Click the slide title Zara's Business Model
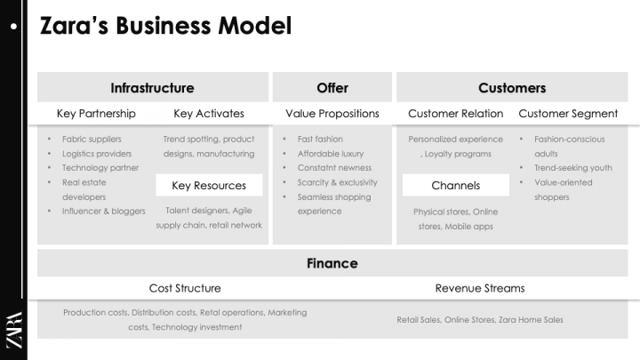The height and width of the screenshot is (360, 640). (x=166, y=27)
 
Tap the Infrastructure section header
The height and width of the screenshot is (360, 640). (x=152, y=87)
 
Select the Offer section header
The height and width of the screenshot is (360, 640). (x=332, y=87)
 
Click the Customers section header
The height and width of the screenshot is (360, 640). (x=512, y=87)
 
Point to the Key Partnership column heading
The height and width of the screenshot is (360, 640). (x=96, y=114)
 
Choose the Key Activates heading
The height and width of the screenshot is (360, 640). (x=209, y=114)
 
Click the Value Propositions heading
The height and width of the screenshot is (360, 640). (x=332, y=114)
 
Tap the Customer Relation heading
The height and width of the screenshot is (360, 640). (x=456, y=114)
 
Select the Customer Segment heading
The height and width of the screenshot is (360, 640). (x=569, y=114)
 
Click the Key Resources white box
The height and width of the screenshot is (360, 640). (x=209, y=186)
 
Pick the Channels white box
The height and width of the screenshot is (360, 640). (x=456, y=186)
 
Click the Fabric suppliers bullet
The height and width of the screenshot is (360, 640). (x=92, y=140)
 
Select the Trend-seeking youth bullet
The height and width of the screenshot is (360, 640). (x=573, y=168)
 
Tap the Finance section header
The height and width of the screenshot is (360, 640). (x=332, y=263)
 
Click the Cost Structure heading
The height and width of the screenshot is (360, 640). (x=185, y=288)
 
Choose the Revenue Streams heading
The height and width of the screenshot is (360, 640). (x=480, y=288)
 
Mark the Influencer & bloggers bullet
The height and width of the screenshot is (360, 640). (x=103, y=211)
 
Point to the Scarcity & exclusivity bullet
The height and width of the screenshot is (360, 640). (x=337, y=182)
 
